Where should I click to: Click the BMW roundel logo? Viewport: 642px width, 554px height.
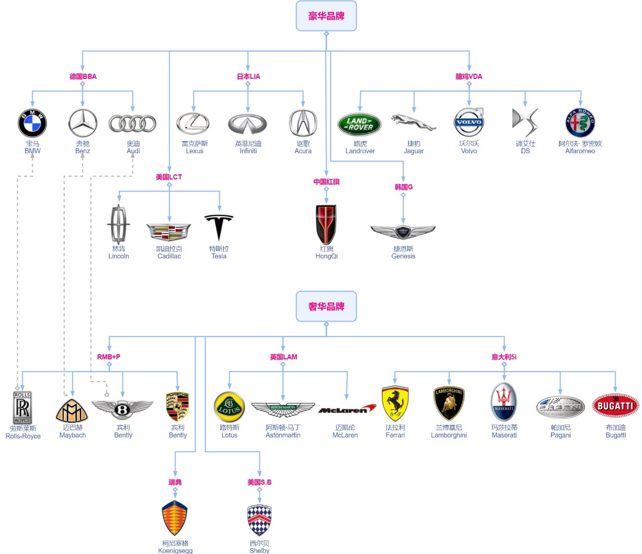32,123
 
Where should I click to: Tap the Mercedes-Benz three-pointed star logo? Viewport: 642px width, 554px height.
83,123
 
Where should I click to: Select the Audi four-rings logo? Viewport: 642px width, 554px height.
132,123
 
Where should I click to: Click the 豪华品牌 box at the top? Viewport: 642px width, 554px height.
326,16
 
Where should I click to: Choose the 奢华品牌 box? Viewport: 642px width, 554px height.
326,306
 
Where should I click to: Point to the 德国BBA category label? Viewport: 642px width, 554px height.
83,76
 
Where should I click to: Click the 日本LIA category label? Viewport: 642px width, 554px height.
248,76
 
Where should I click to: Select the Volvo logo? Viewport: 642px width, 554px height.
469,122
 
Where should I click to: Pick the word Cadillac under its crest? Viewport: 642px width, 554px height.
169,256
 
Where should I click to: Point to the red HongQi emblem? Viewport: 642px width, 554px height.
326,224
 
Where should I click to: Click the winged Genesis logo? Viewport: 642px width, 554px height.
403,232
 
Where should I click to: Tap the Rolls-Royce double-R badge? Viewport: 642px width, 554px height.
22,407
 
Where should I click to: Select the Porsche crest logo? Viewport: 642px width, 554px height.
177,406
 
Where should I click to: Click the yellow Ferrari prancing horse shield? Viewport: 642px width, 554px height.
395,404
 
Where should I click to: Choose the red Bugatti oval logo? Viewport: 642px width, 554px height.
615,405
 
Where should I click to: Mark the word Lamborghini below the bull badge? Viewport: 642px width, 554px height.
449,435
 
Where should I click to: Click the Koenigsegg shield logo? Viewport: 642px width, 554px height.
175,519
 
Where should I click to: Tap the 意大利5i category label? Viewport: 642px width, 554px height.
504,357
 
